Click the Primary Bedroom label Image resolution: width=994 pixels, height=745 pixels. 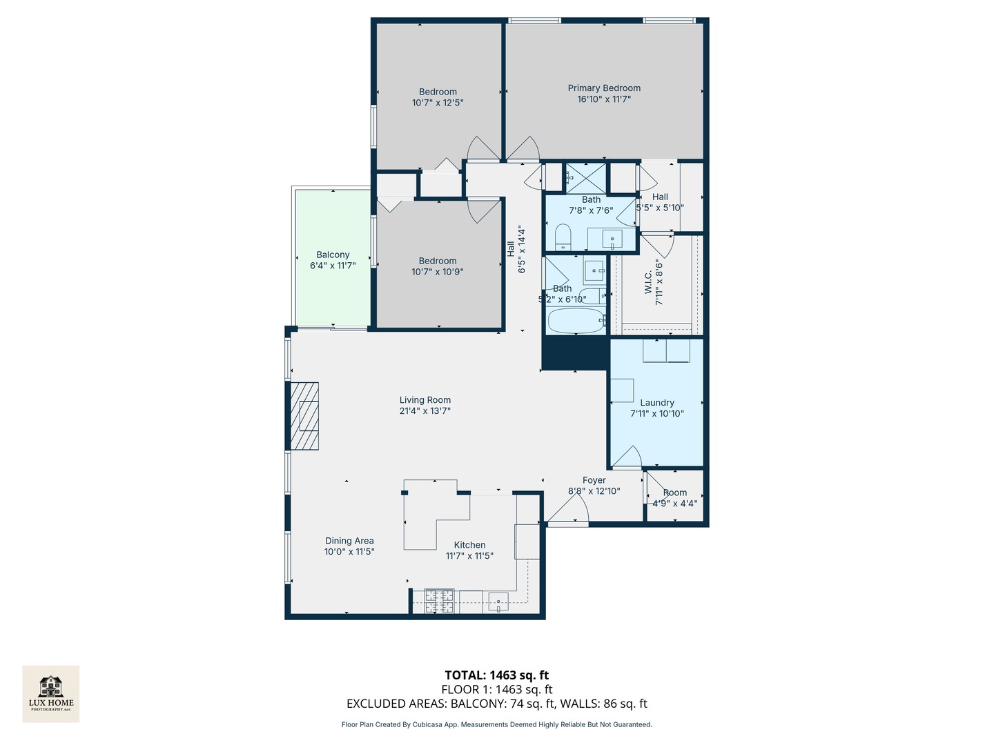tap(604, 88)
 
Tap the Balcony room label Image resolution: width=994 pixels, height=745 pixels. tap(333, 255)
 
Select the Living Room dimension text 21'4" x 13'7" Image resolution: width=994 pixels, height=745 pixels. tap(425, 411)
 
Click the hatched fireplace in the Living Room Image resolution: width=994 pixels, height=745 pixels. tap(304, 416)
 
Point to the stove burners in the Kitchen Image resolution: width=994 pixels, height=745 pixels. tap(439, 601)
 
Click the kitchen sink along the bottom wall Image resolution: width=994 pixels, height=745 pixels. tap(498, 602)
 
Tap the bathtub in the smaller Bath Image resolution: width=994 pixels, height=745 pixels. tap(576, 321)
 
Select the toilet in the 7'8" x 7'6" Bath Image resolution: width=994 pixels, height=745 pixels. tap(563, 237)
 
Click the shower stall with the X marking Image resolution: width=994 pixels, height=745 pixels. tap(585, 178)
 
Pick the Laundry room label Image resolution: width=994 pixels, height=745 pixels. tap(657, 403)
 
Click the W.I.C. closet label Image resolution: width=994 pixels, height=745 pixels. tap(648, 282)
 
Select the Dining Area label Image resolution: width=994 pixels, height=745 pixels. tap(349, 541)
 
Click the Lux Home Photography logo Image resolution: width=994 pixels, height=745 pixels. tap(51, 693)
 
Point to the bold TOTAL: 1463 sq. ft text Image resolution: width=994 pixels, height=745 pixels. tap(496, 675)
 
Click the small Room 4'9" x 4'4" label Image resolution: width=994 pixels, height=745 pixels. tap(675, 493)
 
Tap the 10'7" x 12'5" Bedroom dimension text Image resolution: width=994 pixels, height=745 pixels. tap(438, 103)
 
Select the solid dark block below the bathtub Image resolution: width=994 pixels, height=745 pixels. tap(574, 353)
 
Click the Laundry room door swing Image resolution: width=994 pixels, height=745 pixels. tap(627, 457)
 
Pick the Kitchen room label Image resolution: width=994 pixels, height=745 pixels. tap(469, 545)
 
